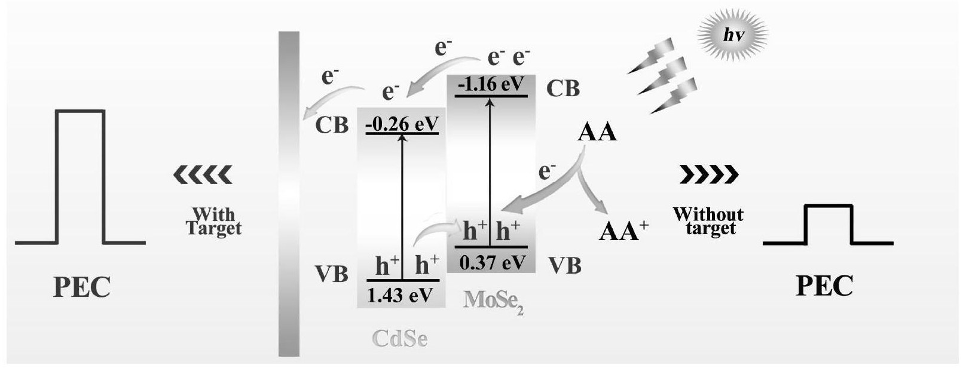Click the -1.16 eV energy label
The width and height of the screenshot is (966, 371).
click(490, 85)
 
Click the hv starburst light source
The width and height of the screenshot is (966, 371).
click(733, 35)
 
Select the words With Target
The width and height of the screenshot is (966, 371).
click(213, 221)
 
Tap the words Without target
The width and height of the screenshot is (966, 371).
click(708, 221)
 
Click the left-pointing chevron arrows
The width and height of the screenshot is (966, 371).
click(202, 174)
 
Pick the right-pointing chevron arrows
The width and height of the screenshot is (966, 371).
click(709, 174)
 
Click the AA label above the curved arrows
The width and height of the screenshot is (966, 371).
click(597, 132)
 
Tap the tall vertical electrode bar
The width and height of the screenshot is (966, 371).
click(289, 194)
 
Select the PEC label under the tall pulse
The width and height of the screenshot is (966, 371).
click(82, 287)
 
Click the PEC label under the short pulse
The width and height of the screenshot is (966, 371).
click(824, 287)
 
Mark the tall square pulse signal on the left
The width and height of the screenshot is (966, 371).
click(80, 177)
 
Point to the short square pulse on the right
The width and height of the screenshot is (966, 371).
click(828, 225)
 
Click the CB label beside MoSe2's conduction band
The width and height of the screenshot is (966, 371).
click(563, 88)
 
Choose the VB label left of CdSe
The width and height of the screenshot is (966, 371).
click(331, 274)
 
